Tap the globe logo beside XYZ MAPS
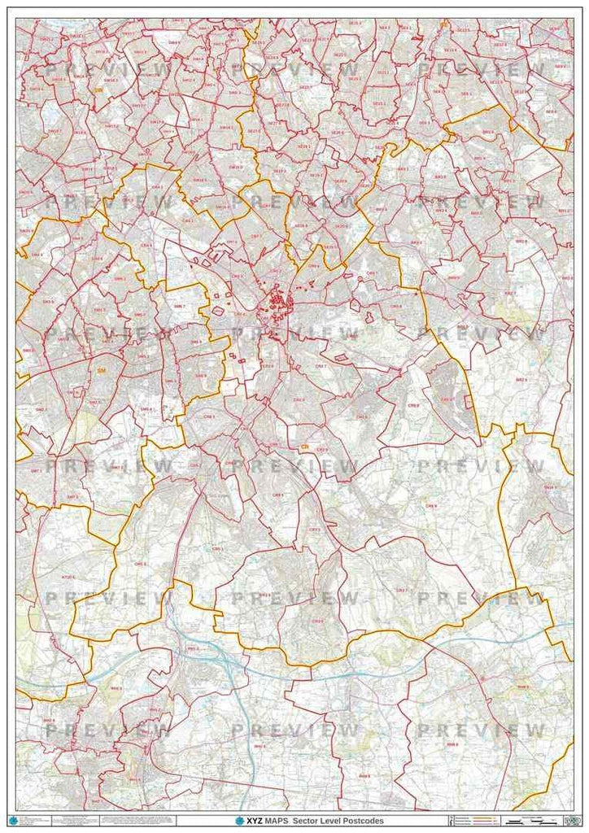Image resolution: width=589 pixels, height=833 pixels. coord(240,820)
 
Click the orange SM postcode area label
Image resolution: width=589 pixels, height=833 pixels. coord(101,370)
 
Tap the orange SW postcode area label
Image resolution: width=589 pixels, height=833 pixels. coord(98,91)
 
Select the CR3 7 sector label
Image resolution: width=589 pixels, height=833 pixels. coord(400,590)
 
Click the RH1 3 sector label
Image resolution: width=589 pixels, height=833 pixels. coord(193,648)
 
